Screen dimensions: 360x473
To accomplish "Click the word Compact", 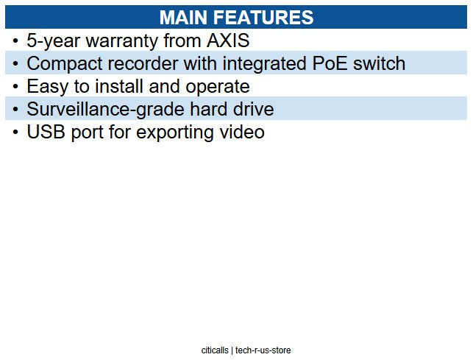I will tap(62, 64).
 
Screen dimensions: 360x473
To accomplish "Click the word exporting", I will tap(162, 133).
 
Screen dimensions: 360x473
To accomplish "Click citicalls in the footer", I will tap(215, 350).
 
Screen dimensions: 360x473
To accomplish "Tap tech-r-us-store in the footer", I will tap(263, 350).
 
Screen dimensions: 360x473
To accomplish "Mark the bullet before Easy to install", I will tap(15, 87).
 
